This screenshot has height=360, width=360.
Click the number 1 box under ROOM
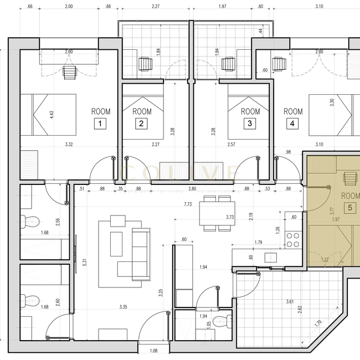pyautogui.click(x=100, y=124)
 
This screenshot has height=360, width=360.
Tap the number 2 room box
pyautogui.click(x=142, y=124)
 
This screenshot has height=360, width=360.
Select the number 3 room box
pyautogui.click(x=250, y=124)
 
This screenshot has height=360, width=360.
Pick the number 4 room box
pyautogui.click(x=292, y=124)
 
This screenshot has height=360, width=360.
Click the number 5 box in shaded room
pyautogui.click(x=350, y=208)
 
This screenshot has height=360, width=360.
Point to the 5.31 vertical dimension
pyautogui.click(x=84, y=262)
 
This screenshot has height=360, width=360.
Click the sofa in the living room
pyautogui.click(x=140, y=254)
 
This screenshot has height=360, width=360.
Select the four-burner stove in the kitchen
pyautogui.click(x=293, y=239)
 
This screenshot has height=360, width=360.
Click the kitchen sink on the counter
pyautogui.click(x=271, y=257)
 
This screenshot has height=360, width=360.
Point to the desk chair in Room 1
pyautogui.click(x=70, y=72)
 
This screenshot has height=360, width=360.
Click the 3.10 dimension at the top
pyautogui.click(x=319, y=7)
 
